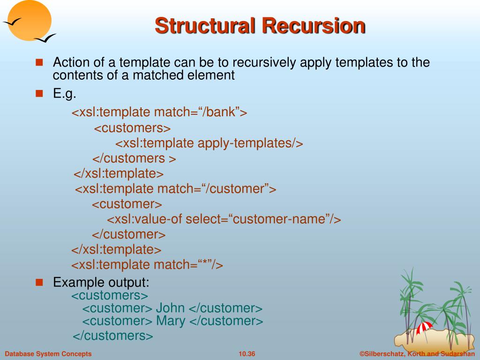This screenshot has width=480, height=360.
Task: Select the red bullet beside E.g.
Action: coord(39,93)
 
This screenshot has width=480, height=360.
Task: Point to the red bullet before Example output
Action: coord(39,282)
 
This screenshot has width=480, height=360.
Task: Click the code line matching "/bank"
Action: coord(159,112)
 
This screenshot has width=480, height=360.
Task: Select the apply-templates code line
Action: coord(210,143)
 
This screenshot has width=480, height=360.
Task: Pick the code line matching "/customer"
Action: coord(176,189)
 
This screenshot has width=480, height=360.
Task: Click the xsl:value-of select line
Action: coord(224,219)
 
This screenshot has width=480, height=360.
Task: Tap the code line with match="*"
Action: coord(147,265)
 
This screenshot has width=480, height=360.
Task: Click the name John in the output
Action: coord(170,308)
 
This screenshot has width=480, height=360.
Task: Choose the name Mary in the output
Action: coord(171,321)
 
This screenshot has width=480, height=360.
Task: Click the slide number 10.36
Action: coord(247,354)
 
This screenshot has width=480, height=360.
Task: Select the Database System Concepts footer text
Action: coord(48,354)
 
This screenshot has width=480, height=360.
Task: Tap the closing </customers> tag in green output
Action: coord(113,336)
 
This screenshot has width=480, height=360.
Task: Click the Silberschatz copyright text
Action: coord(417,354)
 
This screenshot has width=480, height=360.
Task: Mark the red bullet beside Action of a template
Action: coord(39,62)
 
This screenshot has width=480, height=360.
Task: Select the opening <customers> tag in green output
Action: coord(110,295)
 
